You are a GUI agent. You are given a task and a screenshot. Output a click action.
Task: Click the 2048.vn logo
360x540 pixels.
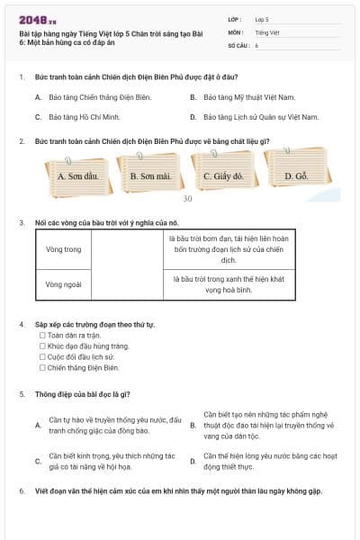pyautogui.click(x=37, y=21)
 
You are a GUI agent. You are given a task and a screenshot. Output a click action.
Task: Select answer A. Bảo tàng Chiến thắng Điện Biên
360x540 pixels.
pyautogui.click(x=93, y=97)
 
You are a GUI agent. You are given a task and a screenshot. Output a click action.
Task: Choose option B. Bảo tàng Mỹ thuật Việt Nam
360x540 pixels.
pyautogui.click(x=242, y=97)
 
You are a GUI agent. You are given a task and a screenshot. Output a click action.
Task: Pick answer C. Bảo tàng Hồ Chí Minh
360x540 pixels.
pyautogui.click(x=77, y=117)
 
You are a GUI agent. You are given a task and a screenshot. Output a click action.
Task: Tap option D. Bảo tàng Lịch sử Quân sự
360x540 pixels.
pyautogui.click(x=254, y=117)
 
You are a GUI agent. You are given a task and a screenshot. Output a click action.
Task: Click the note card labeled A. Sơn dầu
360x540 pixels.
pyautogui.click(x=78, y=177)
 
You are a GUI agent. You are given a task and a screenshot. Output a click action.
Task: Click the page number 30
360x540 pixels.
pyautogui.click(x=187, y=199)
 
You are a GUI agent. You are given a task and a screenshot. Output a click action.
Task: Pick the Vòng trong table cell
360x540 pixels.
pyautogui.click(x=64, y=249)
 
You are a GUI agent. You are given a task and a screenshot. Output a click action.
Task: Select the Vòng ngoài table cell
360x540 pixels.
pyautogui.click(x=64, y=284)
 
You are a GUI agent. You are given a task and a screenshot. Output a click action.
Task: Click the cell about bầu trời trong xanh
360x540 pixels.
pyautogui.click(x=229, y=284)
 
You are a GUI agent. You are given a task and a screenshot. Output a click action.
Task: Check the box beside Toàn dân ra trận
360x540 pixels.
pyautogui.click(x=42, y=335)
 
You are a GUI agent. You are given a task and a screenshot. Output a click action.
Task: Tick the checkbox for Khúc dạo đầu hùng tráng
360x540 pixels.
pyautogui.click(x=42, y=346)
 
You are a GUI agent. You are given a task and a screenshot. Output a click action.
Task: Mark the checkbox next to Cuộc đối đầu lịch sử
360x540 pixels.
pyautogui.click(x=42, y=356)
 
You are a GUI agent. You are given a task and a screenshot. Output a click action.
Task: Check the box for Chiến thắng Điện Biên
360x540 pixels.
pyautogui.click(x=42, y=367)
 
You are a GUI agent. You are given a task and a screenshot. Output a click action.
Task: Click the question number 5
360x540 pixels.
pyautogui.click(x=22, y=394)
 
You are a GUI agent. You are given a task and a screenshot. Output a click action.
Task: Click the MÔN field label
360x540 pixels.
pyautogui.click(x=236, y=32)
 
